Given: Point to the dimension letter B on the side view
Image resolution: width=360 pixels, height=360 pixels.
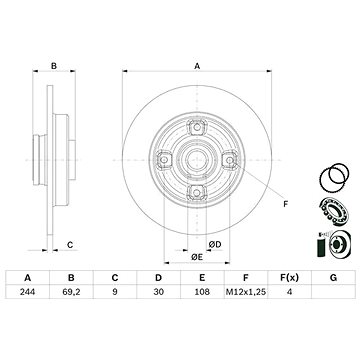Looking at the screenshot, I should (x=54, y=66).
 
